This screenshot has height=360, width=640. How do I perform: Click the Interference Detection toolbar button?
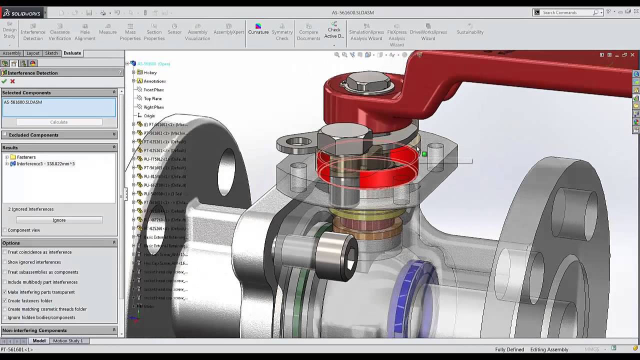(x=33, y=32)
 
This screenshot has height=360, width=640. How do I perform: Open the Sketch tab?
(x=51, y=53)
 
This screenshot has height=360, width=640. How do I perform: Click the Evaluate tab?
(x=72, y=53)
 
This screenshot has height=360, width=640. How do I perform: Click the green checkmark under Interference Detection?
(x=4, y=81)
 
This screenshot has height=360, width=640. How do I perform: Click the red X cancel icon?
(x=12, y=81)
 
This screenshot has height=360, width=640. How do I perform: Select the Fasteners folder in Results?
(x=26, y=157)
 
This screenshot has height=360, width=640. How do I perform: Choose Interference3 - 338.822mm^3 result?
(x=45, y=163)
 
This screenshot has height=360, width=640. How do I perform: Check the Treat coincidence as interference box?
(x=5, y=252)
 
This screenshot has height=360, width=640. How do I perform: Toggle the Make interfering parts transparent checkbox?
(x=5, y=292)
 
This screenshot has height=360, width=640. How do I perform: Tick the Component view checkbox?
(x=5, y=230)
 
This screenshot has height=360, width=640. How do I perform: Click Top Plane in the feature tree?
(x=152, y=98)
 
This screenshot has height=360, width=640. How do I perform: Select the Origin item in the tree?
(x=149, y=115)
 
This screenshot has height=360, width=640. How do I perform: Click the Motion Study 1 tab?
(x=67, y=341)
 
